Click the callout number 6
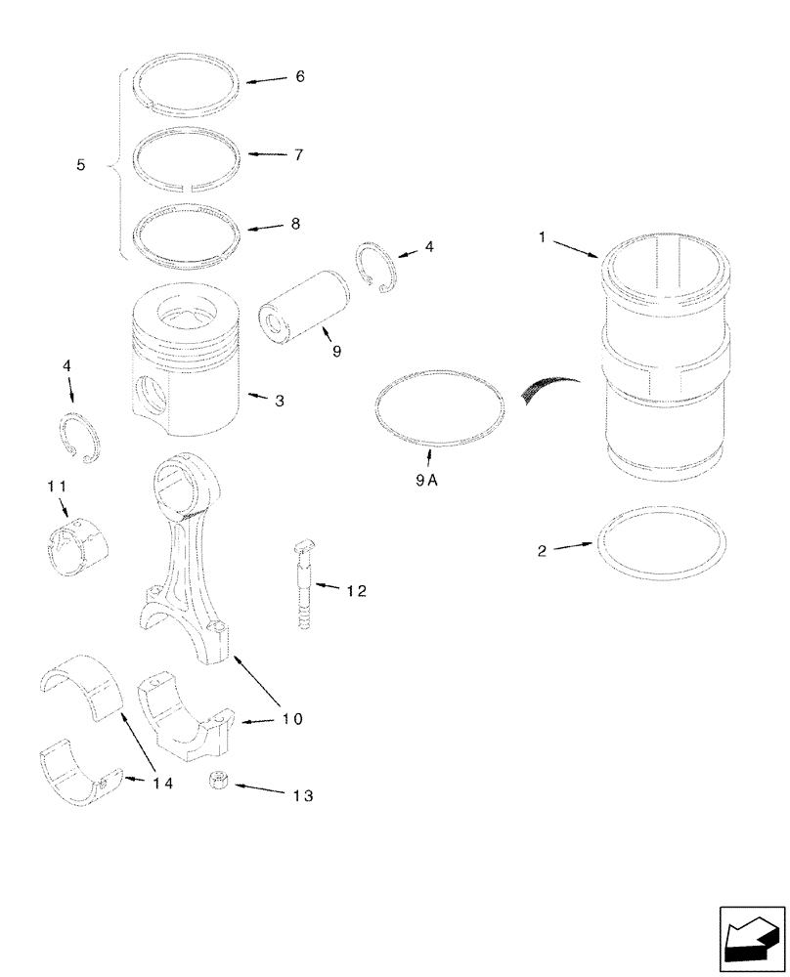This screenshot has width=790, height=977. point(300,76)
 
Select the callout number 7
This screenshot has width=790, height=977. point(298,155)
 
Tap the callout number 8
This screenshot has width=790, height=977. point(295,224)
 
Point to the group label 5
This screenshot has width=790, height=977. point(81,166)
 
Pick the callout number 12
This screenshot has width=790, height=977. point(356,590)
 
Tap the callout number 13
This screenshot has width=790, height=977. point(301,796)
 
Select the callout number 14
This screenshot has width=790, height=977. point(162,783)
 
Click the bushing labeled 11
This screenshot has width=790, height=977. point(78,544)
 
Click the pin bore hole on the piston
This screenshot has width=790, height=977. point(153,397)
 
